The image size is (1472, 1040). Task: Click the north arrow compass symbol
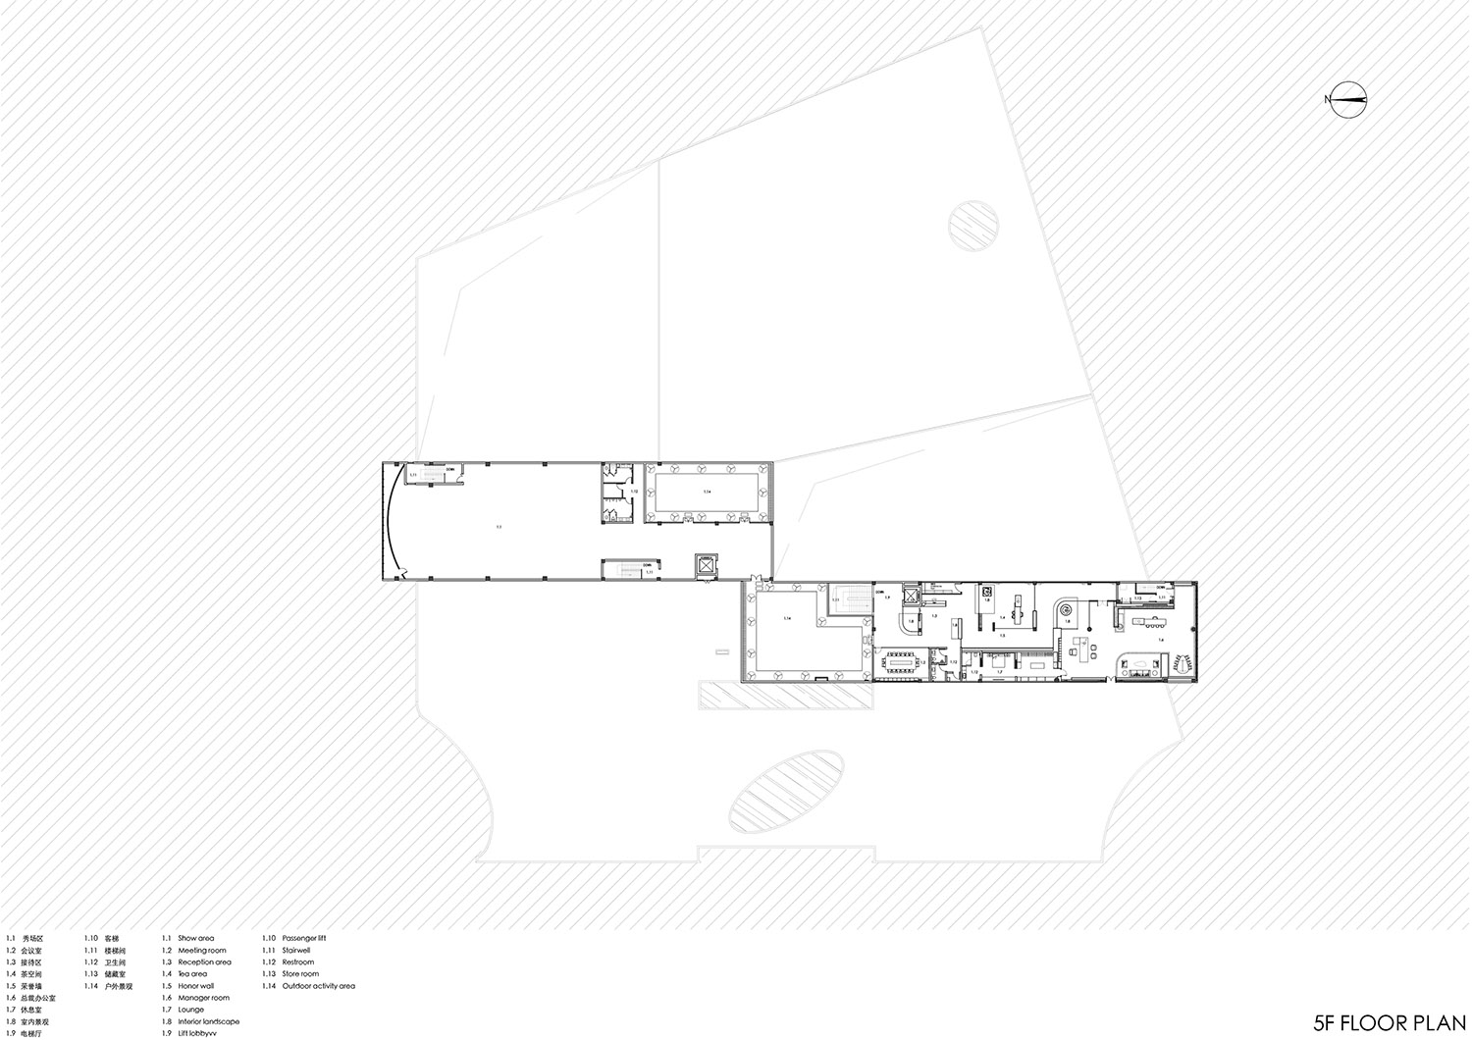pyautogui.click(x=1344, y=98)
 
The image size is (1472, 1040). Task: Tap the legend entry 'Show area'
pyautogui.click(x=195, y=939)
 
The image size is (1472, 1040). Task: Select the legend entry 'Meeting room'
pyautogui.click(x=201, y=951)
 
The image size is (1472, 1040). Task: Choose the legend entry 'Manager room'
pyautogui.click(x=202, y=998)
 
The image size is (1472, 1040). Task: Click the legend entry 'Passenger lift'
pyautogui.click(x=302, y=939)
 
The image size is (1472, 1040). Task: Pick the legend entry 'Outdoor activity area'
pyautogui.click(x=318, y=986)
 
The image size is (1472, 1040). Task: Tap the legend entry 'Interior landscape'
pyautogui.click(x=208, y=1021)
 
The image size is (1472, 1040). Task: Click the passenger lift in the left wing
pyautogui.click(x=707, y=565)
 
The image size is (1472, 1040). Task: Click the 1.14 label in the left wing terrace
pyautogui.click(x=706, y=490)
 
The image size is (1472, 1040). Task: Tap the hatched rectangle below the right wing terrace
pyautogui.click(x=785, y=697)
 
